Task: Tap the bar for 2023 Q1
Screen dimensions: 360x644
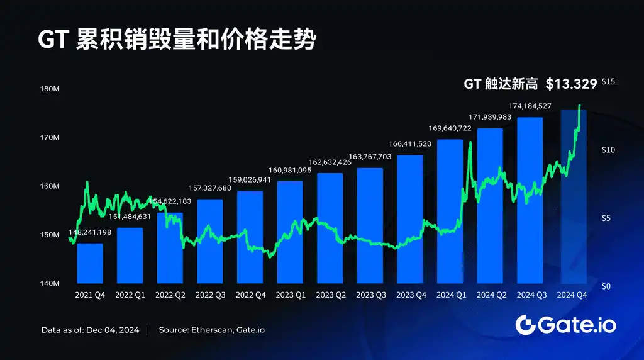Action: click(x=290, y=232)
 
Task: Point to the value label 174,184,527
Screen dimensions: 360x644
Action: click(x=530, y=106)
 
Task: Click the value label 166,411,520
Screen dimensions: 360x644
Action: click(x=410, y=143)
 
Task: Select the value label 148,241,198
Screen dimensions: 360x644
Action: click(x=90, y=232)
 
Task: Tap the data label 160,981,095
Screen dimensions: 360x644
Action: click(x=290, y=170)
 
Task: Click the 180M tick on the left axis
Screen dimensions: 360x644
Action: click(x=50, y=89)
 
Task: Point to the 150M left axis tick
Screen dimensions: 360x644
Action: click(x=50, y=235)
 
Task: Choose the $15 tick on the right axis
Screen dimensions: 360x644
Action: click(x=608, y=82)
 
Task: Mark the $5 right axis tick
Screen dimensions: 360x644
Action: click(x=606, y=218)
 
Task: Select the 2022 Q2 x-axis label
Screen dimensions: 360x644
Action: click(x=170, y=295)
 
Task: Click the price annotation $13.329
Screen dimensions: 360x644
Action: click(x=571, y=83)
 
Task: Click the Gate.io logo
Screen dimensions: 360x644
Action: click(x=565, y=325)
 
